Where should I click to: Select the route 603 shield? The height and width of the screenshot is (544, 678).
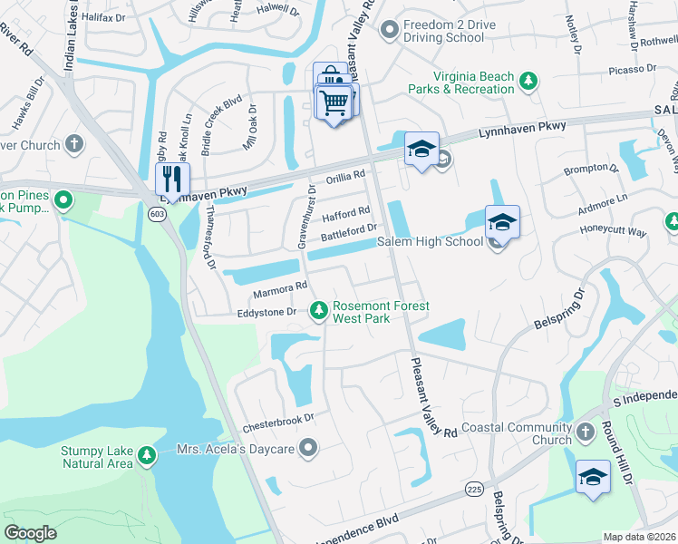pyautogui.click(x=156, y=211)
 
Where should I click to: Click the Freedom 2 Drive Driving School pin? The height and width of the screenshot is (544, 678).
pyautogui.click(x=390, y=31)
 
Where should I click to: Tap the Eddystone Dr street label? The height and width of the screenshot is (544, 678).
pyautogui.click(x=266, y=312)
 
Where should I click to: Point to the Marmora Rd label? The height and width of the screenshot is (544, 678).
pyautogui.click(x=274, y=289)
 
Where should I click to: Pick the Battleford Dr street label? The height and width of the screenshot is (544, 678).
pyautogui.click(x=348, y=234)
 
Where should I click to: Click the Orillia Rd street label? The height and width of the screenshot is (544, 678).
pyautogui.click(x=345, y=174)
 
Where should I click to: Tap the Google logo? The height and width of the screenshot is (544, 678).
pyautogui.click(x=31, y=533)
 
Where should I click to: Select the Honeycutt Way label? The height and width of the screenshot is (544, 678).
pyautogui.click(x=614, y=232)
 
